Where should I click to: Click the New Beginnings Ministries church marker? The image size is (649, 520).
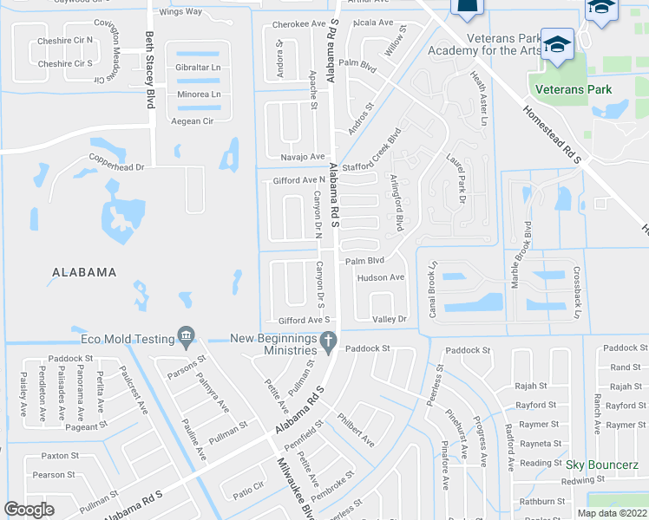[x=328, y=343]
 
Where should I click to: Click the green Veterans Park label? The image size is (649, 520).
[x=574, y=89]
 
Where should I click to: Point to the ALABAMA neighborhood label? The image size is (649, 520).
[x=84, y=272]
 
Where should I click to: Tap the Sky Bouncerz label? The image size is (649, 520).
[x=601, y=465]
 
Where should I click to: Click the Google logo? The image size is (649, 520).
[x=29, y=510]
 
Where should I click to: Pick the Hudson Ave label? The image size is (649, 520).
[x=381, y=278]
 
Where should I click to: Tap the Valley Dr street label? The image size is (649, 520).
[x=390, y=319]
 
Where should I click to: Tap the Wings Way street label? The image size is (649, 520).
[x=180, y=12]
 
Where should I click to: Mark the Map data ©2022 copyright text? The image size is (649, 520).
[x=613, y=513]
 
